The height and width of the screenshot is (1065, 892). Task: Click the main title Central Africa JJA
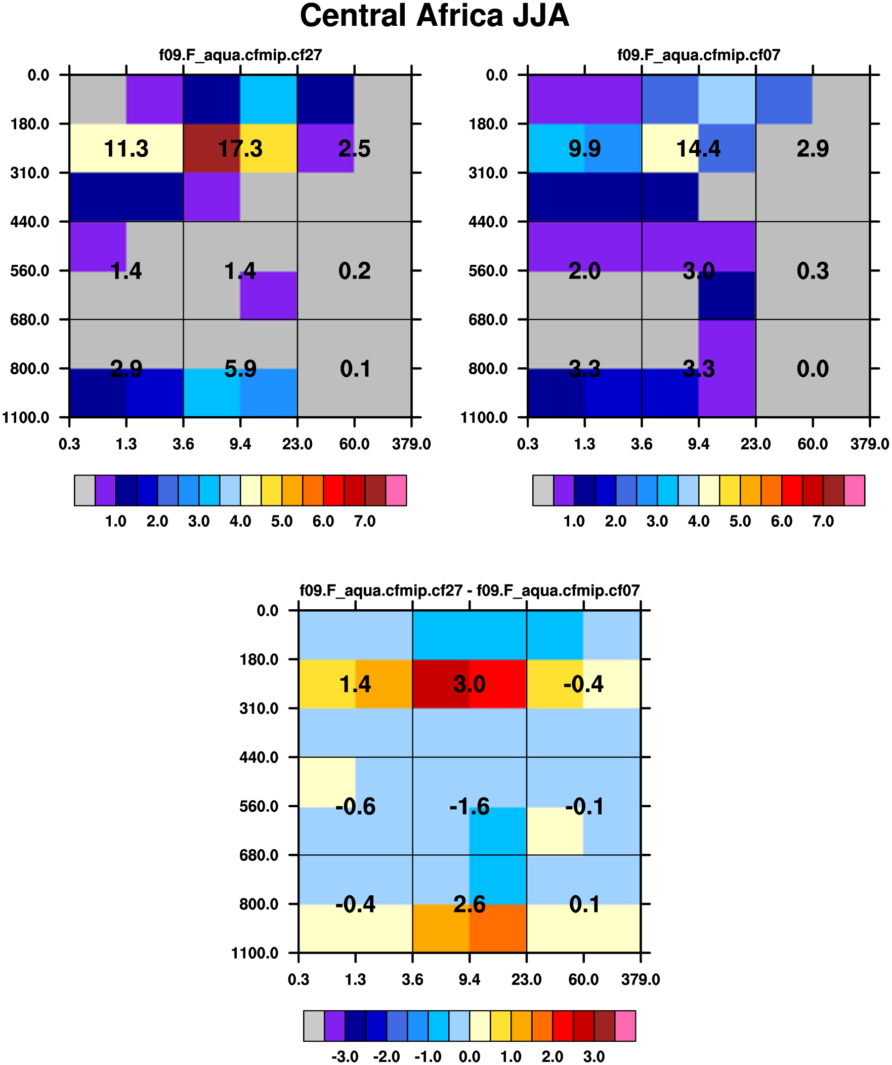(434, 16)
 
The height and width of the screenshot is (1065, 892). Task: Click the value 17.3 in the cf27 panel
(240, 149)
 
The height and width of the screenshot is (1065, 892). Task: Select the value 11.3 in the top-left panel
(125, 149)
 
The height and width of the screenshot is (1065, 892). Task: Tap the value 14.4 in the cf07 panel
(698, 149)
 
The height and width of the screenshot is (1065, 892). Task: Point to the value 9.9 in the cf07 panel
(584, 149)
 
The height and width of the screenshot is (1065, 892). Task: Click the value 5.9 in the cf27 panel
(240, 369)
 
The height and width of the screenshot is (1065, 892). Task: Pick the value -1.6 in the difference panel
(470, 807)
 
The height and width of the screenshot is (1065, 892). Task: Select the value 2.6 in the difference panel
(470, 905)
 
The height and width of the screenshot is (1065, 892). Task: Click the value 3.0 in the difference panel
(470, 685)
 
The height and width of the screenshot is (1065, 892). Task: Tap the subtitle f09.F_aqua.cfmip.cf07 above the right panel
(698, 55)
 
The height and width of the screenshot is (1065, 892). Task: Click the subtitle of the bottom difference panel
(470, 591)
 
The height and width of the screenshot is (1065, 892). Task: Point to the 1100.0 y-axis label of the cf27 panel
(26, 418)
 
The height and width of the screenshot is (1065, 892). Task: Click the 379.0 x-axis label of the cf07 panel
(869, 445)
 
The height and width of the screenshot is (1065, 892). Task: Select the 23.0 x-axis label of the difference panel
(526, 979)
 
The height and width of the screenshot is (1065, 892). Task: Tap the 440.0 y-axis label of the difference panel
(259, 758)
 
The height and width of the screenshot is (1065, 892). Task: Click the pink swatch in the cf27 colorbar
(396, 490)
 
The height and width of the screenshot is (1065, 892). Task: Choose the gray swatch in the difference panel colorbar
(314, 1026)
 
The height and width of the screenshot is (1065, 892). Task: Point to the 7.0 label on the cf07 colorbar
(823, 521)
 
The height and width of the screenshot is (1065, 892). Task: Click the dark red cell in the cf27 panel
(211, 148)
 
